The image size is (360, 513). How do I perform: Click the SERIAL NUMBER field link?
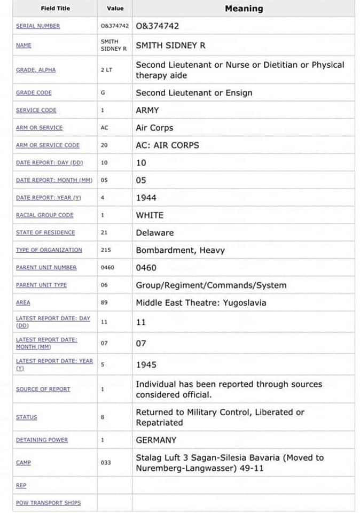coord(38,26)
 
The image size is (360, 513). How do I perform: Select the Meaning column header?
coord(244,9)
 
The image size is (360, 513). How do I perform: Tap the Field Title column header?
coord(55,9)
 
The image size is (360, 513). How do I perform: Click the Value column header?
coord(115,9)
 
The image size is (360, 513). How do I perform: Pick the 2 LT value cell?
coord(107,70)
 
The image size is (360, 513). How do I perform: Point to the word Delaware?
coord(154,232)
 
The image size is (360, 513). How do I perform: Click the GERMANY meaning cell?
coord(156,440)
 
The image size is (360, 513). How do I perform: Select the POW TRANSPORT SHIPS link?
coord(49,503)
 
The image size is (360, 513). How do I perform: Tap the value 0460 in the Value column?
coord(107,267)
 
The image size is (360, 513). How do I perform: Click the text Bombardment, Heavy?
coord(180,250)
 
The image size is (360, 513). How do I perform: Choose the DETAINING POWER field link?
coord(42,440)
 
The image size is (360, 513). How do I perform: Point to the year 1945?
coord(146,364)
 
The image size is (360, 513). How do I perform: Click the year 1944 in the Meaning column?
coord(146,198)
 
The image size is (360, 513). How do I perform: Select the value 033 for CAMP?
coord(106,462)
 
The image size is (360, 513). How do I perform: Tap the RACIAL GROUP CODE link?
coord(45,215)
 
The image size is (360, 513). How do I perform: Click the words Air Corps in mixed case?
coord(154,128)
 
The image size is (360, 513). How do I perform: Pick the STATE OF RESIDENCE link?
coord(45,232)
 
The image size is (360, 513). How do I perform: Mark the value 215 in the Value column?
coord(106,250)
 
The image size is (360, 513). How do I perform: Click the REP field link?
coord(21,486)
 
